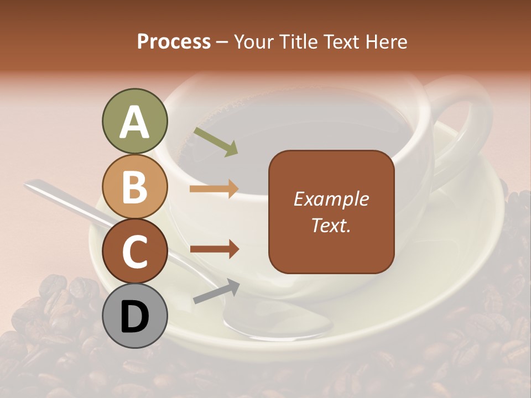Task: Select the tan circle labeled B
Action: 134,186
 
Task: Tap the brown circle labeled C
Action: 134,252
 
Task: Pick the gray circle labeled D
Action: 134,317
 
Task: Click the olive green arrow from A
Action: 216,142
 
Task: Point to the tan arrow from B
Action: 214,189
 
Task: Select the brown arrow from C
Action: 214,249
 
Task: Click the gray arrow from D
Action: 216,291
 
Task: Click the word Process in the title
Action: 174,42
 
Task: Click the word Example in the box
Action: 331,199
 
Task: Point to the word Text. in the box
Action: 331,225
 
